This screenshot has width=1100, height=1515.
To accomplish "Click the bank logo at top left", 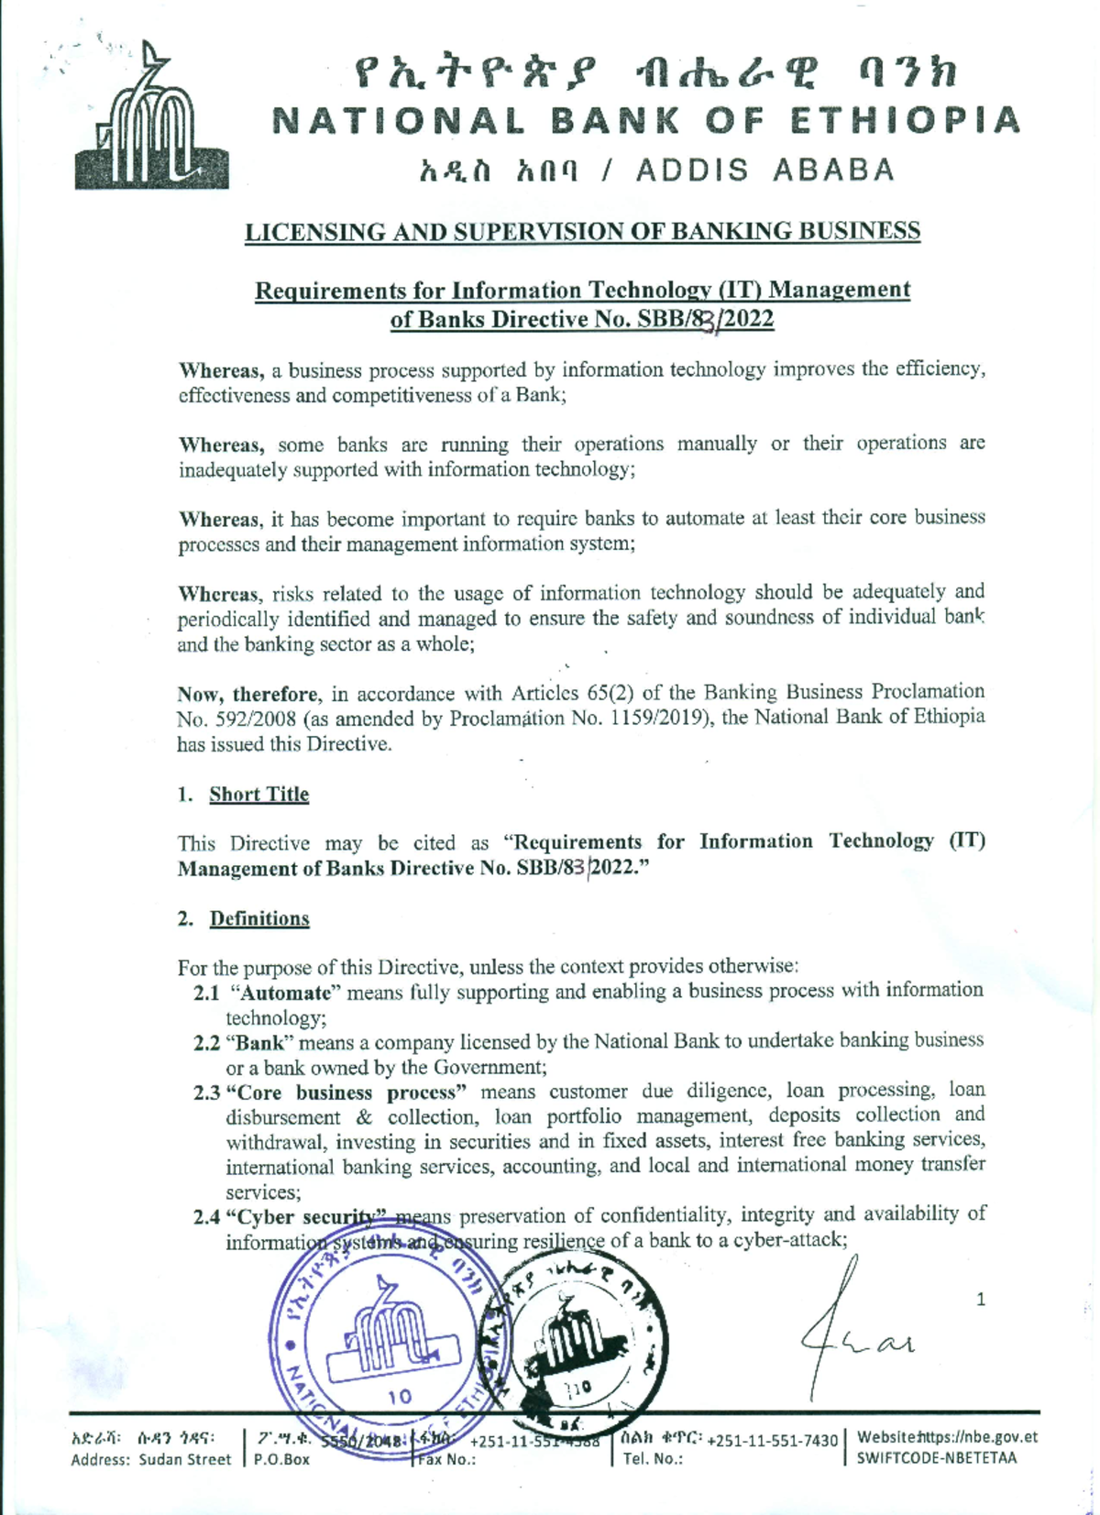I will (x=151, y=121).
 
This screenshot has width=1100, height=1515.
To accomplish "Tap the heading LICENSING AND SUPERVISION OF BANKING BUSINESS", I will (x=582, y=232).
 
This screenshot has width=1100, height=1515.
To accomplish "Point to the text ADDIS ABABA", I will (x=765, y=171).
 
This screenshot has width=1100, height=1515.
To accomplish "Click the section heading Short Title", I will (x=258, y=795).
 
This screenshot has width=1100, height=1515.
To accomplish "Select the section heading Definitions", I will (x=259, y=919).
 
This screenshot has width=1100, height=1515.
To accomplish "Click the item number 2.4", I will (x=206, y=1218).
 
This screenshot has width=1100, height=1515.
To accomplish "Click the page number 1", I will (x=981, y=1300).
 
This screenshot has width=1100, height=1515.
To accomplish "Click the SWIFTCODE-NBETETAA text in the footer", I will (x=936, y=1458).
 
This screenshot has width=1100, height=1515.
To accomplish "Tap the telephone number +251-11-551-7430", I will (x=772, y=1441).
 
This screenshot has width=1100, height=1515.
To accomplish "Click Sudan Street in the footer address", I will (x=185, y=1459).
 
